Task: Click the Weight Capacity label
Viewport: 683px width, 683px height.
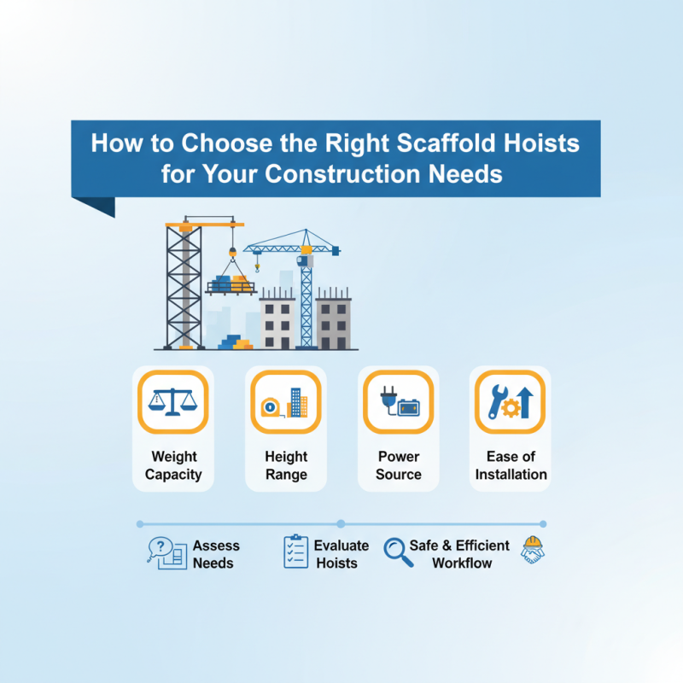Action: (x=173, y=465)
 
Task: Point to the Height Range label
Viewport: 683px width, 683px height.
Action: (x=286, y=465)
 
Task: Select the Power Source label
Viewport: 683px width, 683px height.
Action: (x=399, y=465)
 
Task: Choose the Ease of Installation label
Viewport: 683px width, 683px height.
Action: (x=511, y=465)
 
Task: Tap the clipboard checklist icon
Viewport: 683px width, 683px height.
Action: (x=295, y=552)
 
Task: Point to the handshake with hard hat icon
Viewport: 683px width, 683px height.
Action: (x=533, y=551)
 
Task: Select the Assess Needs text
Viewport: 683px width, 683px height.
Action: (x=215, y=554)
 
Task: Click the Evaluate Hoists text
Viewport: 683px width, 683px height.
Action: (x=341, y=554)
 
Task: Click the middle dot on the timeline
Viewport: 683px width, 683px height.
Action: (x=341, y=523)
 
